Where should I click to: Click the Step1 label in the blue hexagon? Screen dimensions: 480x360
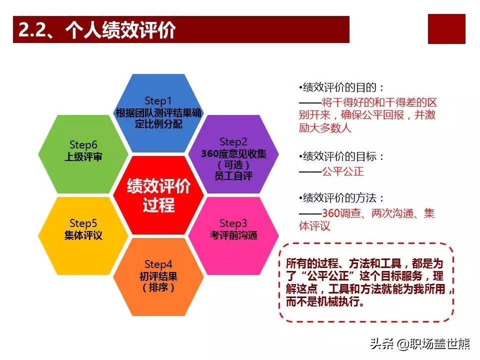click(158, 100)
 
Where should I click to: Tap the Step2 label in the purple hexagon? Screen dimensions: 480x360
click(233, 141)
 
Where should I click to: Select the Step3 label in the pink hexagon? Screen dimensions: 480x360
click(233, 223)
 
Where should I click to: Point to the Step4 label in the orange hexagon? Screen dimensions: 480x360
click(158, 264)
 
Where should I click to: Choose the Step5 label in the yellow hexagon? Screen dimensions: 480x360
click(83, 223)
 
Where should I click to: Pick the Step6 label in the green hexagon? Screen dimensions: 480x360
click(83, 144)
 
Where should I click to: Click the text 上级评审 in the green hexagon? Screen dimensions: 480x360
click(83, 156)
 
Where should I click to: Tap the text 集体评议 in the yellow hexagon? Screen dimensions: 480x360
click(83, 235)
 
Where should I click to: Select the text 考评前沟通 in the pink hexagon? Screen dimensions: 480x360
click(233, 235)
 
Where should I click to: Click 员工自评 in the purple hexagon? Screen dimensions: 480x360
click(233, 176)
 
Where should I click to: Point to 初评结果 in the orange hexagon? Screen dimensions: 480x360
click(158, 276)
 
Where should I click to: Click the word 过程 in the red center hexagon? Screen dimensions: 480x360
click(158, 205)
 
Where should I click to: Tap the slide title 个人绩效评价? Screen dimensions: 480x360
click(120, 30)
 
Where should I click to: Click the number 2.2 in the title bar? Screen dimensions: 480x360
click(31, 30)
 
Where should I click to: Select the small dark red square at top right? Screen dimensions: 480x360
click(446, 29)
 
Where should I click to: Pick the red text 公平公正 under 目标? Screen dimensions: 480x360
click(343, 171)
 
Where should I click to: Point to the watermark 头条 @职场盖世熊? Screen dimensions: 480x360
click(419, 344)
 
